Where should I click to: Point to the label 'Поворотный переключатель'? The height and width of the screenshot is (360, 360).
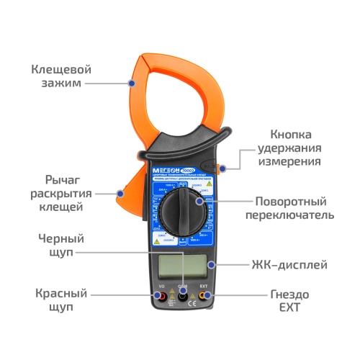point(300,208)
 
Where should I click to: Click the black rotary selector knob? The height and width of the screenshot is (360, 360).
point(182,209)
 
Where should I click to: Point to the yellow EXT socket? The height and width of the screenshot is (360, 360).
point(205,295)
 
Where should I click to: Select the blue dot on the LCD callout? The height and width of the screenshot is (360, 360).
point(212,264)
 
